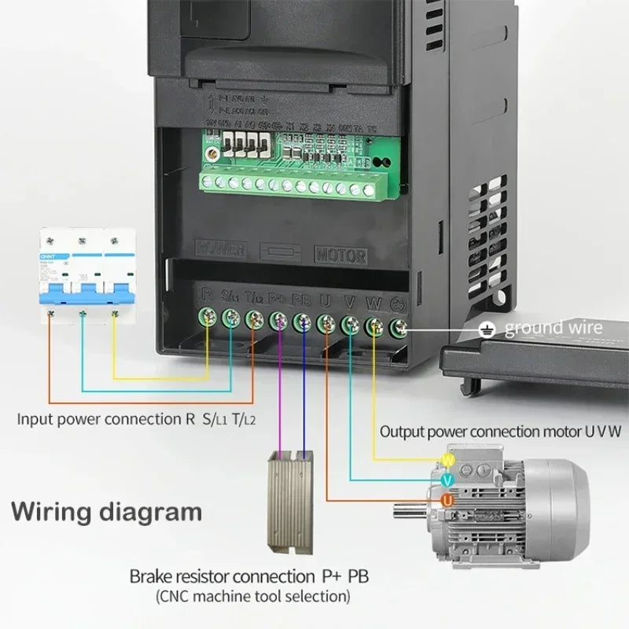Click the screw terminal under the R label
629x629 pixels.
pos(208,317)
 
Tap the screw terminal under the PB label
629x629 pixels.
pos(302,322)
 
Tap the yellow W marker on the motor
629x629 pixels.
pos(448,459)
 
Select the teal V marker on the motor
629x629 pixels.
pos(447,480)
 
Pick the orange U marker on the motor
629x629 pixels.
pos(447,499)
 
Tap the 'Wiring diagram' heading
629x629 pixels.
pos(107,513)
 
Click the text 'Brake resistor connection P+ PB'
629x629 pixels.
pos(249,576)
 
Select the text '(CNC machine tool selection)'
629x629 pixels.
pos(252,596)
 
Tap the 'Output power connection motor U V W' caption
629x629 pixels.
pos(500,431)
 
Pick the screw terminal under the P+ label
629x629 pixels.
pos(278,320)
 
